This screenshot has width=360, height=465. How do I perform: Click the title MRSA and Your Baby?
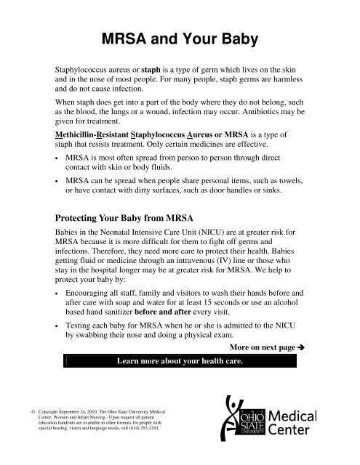[180, 37]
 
